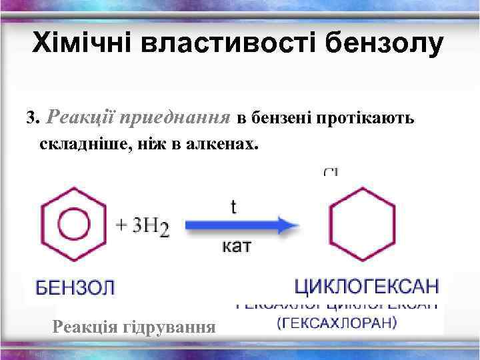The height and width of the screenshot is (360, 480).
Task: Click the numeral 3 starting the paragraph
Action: click(x=29, y=119)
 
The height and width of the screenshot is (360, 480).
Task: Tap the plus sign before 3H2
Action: click(x=123, y=225)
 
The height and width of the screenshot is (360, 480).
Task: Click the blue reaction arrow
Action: click(x=241, y=225)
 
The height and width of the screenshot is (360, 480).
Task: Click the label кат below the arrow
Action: click(x=236, y=247)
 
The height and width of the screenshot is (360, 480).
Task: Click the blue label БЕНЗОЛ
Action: click(x=75, y=289)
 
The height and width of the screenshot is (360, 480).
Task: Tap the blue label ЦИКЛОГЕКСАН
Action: click(x=367, y=287)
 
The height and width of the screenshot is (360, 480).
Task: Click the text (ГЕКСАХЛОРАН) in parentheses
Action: click(x=337, y=324)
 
